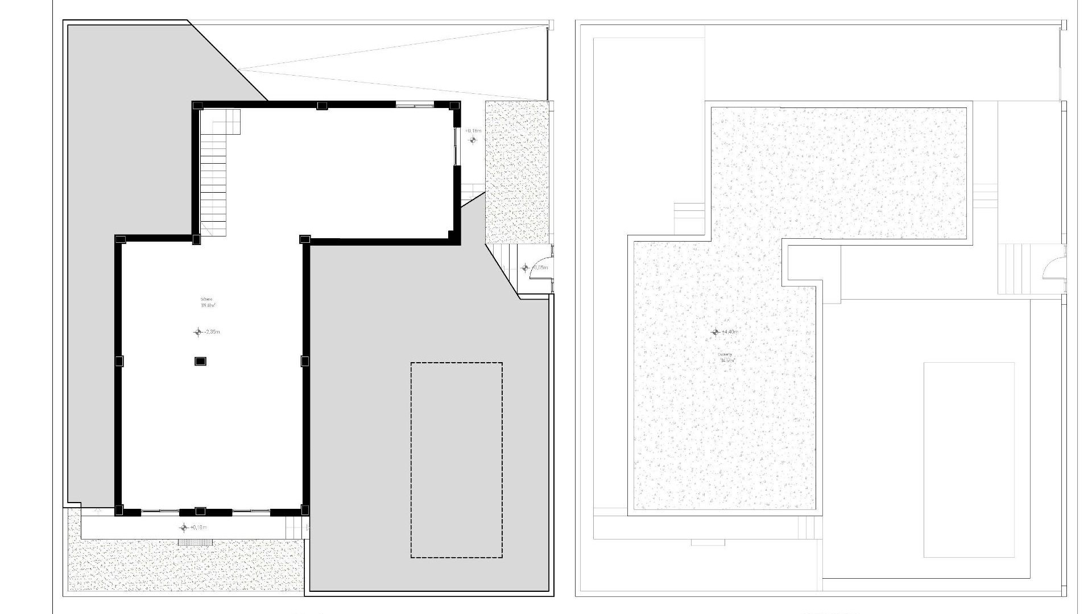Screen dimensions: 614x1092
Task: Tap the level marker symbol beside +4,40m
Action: tap(715, 332)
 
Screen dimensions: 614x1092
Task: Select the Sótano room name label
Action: tap(206, 299)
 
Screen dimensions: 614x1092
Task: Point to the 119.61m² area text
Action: tap(207, 306)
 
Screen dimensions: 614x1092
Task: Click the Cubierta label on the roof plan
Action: tap(725, 354)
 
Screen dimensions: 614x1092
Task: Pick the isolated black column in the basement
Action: tap(200, 361)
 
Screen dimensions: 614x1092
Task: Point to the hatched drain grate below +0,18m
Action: tap(195, 542)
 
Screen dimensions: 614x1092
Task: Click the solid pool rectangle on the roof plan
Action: tap(969, 459)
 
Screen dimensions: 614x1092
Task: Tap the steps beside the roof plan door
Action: tap(1010, 268)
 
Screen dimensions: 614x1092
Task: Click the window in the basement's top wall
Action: tap(415, 105)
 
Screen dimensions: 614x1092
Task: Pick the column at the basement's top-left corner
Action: tap(197, 106)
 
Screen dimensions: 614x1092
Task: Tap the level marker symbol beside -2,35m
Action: tap(198, 332)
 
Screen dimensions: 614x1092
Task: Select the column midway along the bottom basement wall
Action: tap(200, 511)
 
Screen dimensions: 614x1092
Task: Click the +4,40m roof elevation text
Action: tap(729, 332)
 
